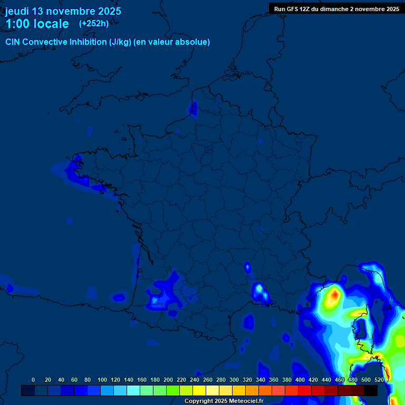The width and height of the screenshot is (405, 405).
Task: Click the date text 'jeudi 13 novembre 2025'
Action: (x=63, y=11)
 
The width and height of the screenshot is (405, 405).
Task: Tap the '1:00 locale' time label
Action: (x=37, y=24)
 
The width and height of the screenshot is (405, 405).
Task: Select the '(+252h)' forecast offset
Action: (x=94, y=23)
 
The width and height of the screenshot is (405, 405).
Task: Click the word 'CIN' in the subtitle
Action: (x=13, y=42)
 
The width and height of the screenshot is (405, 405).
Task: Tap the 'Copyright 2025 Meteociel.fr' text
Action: (x=224, y=401)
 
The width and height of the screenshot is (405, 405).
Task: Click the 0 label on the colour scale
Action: (x=33, y=380)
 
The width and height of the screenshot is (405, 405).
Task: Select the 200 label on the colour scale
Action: (x=168, y=380)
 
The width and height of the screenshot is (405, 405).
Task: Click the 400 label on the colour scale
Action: (x=300, y=380)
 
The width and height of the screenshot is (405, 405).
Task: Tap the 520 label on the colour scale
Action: (x=379, y=380)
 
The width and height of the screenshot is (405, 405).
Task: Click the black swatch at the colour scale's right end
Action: (x=371, y=390)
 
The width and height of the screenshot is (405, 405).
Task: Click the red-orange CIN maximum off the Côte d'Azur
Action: (x=333, y=296)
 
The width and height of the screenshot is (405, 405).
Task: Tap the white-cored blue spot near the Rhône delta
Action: (x=259, y=289)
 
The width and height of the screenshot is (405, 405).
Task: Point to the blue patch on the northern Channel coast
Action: (x=194, y=108)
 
